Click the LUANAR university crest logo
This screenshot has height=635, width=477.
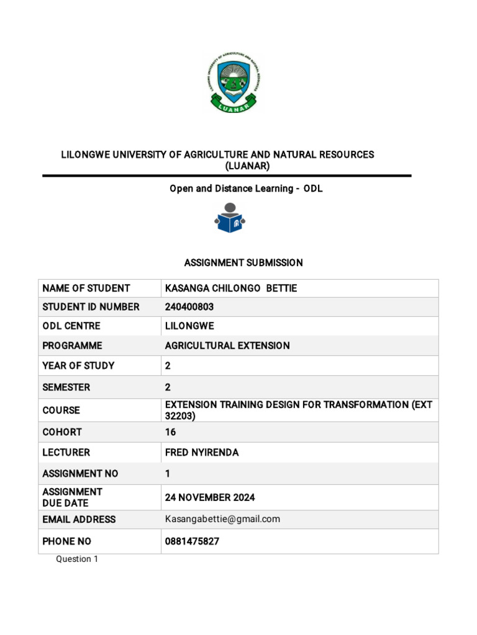[x=233, y=82]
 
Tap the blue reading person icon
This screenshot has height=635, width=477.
[x=230, y=218]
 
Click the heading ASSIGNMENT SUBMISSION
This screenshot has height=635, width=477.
[x=243, y=263]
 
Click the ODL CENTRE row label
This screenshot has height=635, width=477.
[x=71, y=326]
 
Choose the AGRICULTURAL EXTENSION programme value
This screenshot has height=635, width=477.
[x=227, y=345]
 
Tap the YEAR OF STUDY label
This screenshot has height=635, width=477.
[x=78, y=365]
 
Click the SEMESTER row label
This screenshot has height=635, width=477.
[x=66, y=387]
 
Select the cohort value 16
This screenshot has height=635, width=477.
[x=170, y=432]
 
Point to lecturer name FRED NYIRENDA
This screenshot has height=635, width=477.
[x=202, y=453]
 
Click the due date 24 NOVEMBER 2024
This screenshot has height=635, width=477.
[x=210, y=497]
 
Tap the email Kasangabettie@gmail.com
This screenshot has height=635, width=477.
[x=222, y=519]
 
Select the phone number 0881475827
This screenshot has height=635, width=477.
[x=192, y=541]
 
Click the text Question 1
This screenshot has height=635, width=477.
[x=77, y=559]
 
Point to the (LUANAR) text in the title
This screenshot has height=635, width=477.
[x=247, y=166]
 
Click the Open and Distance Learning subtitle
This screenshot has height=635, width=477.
[x=246, y=189]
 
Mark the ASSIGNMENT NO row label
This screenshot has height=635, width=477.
[x=80, y=474]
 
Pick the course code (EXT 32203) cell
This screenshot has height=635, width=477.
[x=298, y=410]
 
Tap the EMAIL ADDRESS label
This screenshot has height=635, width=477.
[x=79, y=519]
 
